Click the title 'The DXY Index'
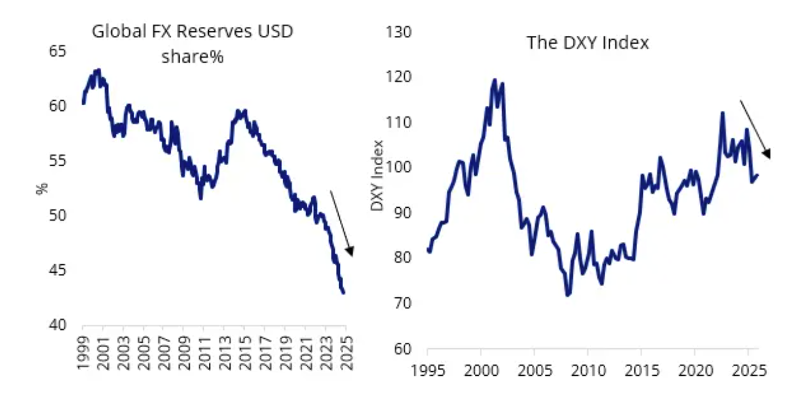(x=588, y=42)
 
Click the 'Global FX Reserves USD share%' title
(x=192, y=44)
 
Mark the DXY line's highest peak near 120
(x=494, y=80)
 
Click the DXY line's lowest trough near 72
(x=568, y=295)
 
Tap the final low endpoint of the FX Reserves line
(x=344, y=293)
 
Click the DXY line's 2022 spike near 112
(x=722, y=113)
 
